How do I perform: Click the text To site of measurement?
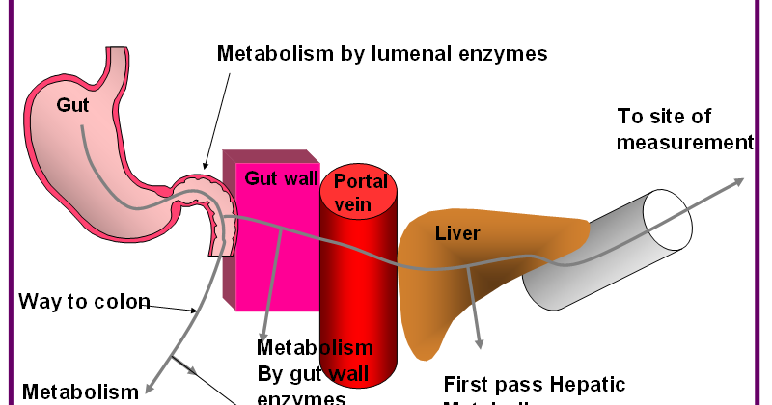683,129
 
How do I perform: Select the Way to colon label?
84,302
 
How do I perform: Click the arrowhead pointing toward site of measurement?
738,181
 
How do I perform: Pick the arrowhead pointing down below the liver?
478,342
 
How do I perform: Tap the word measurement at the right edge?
684,142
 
